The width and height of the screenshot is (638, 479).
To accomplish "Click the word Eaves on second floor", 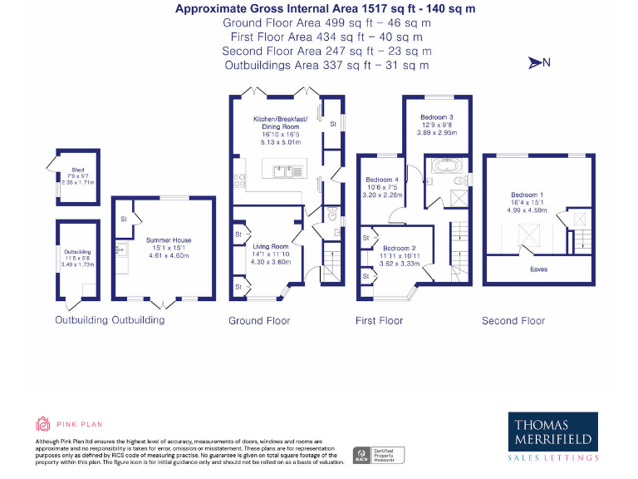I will pos(538,269).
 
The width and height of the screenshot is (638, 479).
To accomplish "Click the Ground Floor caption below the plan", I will pos(258,320).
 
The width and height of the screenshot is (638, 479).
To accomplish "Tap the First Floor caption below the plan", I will pos(379,320).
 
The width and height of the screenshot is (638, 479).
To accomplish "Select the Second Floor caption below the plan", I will pos(513,320).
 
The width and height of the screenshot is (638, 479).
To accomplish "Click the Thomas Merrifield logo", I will pos(553,437).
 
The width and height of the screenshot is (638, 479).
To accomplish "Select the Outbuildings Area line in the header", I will pos(326,65).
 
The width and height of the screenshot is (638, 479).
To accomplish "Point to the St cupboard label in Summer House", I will pos(123,220).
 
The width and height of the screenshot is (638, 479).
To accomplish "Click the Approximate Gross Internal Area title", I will pos(326,9).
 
